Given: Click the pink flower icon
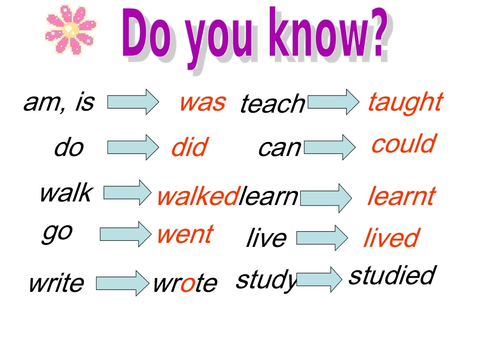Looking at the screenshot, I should [x=70, y=30].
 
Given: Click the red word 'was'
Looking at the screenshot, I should [x=202, y=102].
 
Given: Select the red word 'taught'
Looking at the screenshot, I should [x=405, y=102].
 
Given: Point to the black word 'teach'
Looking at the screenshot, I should [x=272, y=104].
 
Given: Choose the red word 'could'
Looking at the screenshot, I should [x=403, y=144].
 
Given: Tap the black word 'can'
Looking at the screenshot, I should [x=279, y=147].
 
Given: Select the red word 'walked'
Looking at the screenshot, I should [x=197, y=196].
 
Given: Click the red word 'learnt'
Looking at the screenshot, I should [x=401, y=196].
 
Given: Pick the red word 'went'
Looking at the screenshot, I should [x=184, y=234].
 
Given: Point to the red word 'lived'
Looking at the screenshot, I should [x=391, y=238].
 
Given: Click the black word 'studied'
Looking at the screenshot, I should [x=392, y=275].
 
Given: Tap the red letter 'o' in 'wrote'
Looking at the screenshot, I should [x=187, y=283].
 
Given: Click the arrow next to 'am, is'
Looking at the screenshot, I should [x=133, y=102].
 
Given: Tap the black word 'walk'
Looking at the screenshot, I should [x=66, y=192].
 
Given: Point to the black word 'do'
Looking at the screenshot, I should [x=69, y=148].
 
